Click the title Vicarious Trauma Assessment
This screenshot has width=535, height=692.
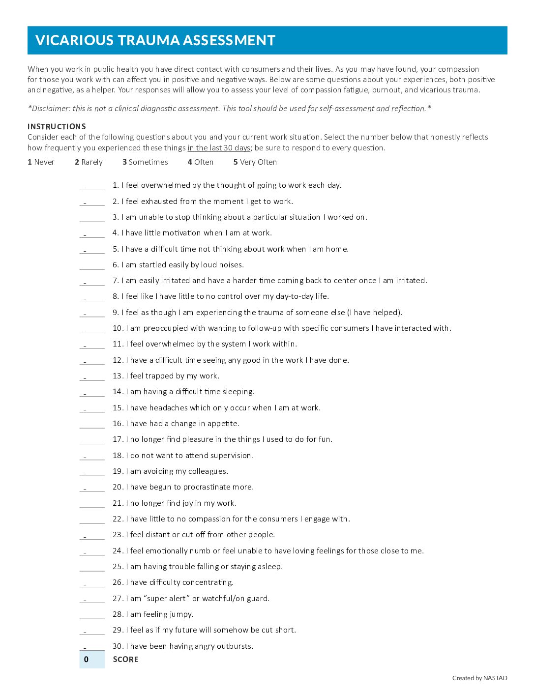point(155,40)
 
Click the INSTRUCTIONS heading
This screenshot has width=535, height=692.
point(57,126)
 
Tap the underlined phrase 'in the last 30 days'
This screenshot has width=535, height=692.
point(219,148)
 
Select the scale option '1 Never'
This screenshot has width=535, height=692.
point(41,162)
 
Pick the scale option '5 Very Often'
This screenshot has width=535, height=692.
point(255,162)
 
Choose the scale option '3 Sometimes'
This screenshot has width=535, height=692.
point(145,162)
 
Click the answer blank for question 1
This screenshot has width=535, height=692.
point(92,185)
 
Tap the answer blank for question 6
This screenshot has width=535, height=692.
point(92,265)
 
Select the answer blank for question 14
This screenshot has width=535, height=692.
point(92,392)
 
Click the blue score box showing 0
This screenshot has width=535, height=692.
point(92,660)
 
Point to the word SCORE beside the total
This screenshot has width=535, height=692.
point(125,660)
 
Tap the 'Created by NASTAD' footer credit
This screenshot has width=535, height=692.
point(479,678)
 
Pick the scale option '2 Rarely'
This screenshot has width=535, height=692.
point(89,162)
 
